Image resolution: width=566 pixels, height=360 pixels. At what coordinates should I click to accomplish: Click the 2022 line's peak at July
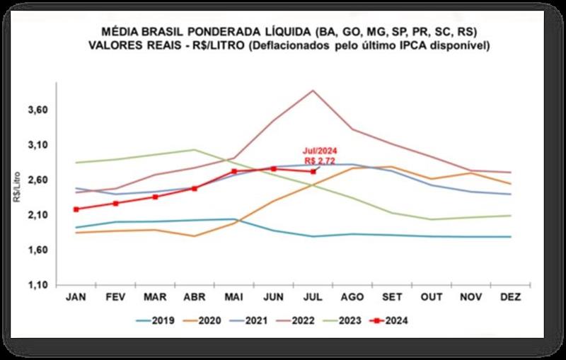pyautogui.click(x=312, y=91)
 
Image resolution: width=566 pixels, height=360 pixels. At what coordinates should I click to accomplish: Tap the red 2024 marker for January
pyautogui.click(x=76, y=209)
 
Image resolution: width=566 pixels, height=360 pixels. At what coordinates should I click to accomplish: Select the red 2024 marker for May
pyautogui.click(x=233, y=171)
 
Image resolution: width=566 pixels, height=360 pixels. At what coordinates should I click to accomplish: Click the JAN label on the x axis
pyautogui.click(x=76, y=298)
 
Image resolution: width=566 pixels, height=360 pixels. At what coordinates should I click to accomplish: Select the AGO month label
pyautogui.click(x=352, y=298)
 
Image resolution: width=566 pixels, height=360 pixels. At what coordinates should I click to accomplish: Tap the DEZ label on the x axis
pyautogui.click(x=509, y=298)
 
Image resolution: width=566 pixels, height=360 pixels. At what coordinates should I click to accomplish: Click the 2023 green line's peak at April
pyautogui.click(x=194, y=150)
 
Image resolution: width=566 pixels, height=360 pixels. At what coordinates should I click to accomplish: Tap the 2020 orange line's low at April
pyautogui.click(x=194, y=236)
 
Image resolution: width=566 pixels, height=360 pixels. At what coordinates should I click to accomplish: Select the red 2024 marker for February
pyautogui.click(x=115, y=203)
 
